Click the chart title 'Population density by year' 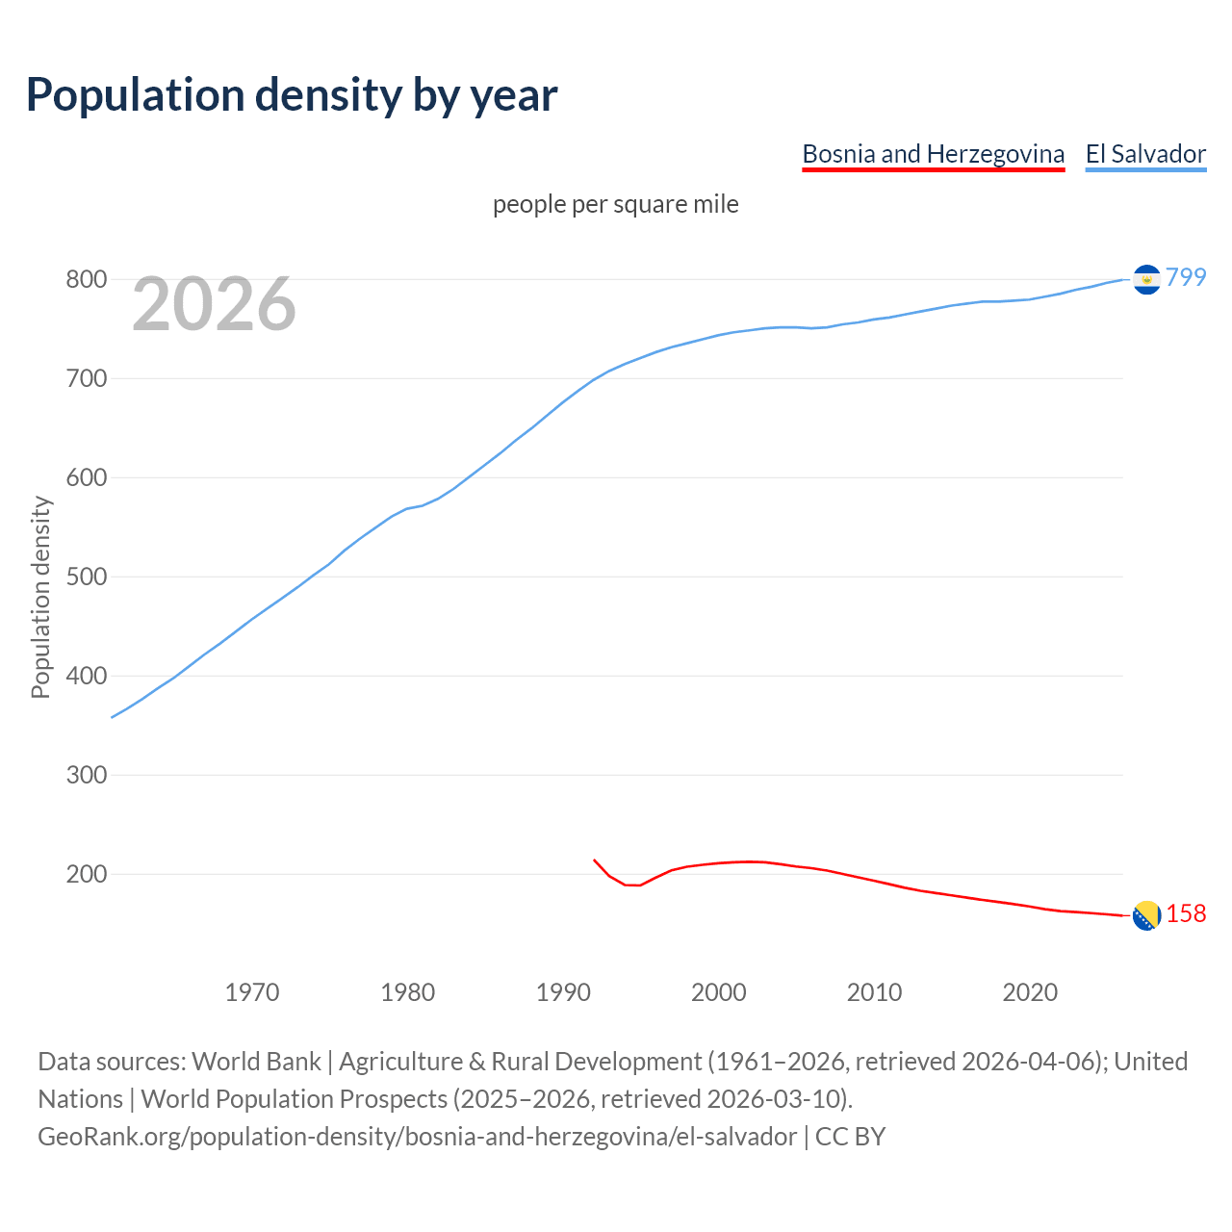point(292,95)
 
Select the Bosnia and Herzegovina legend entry point(933,154)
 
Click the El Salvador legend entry point(1145,154)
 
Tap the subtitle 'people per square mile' point(615,204)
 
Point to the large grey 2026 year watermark point(214,304)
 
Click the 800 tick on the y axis point(86,280)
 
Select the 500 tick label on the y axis point(86,577)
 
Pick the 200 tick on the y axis point(86,875)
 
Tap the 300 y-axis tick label point(86,776)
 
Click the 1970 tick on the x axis point(252,992)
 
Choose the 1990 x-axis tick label point(563,992)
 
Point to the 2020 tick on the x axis point(1030,992)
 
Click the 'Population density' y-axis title point(40,597)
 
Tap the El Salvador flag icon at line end point(1146,279)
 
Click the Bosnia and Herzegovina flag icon point(1146,915)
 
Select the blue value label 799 point(1186,277)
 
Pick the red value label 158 point(1186,913)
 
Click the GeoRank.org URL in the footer point(417,1137)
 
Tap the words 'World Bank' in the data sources point(256,1062)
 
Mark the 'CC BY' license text point(850,1137)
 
